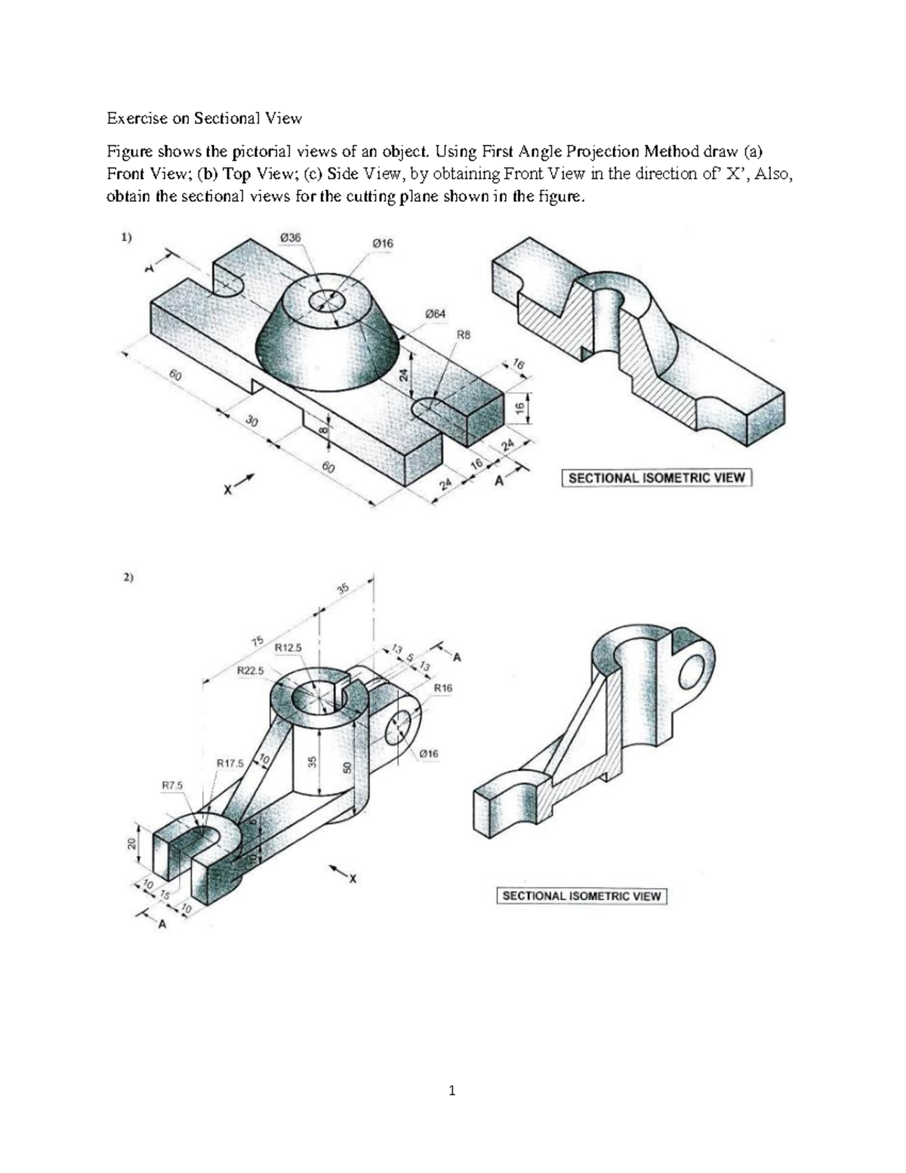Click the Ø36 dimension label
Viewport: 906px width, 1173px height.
click(x=289, y=237)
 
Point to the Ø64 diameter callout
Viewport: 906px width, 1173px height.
click(x=434, y=313)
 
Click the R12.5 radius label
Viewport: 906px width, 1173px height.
click(x=288, y=647)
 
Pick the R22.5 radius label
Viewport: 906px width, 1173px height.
click(x=250, y=670)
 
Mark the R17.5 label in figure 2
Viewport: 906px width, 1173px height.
click(x=230, y=763)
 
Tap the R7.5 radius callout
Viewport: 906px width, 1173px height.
click(x=171, y=786)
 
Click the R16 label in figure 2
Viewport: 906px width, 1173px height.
click(x=443, y=687)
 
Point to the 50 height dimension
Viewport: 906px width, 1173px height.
click(x=347, y=767)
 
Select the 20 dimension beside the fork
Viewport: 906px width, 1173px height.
click(x=131, y=844)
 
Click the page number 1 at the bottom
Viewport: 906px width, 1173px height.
click(x=451, y=1090)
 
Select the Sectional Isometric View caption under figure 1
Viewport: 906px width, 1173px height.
click(x=656, y=477)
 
